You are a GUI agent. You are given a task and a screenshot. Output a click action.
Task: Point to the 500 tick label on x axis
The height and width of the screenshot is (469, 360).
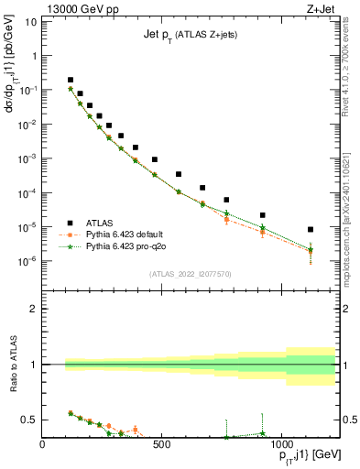[x=161, y=445]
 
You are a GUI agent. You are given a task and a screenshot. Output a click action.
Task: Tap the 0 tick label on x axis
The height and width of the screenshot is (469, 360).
[x=43, y=445]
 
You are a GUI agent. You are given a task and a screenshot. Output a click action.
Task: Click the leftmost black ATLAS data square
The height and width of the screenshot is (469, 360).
[x=71, y=80]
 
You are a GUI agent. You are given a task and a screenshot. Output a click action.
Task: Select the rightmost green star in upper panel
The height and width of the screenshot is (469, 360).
[x=311, y=249]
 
